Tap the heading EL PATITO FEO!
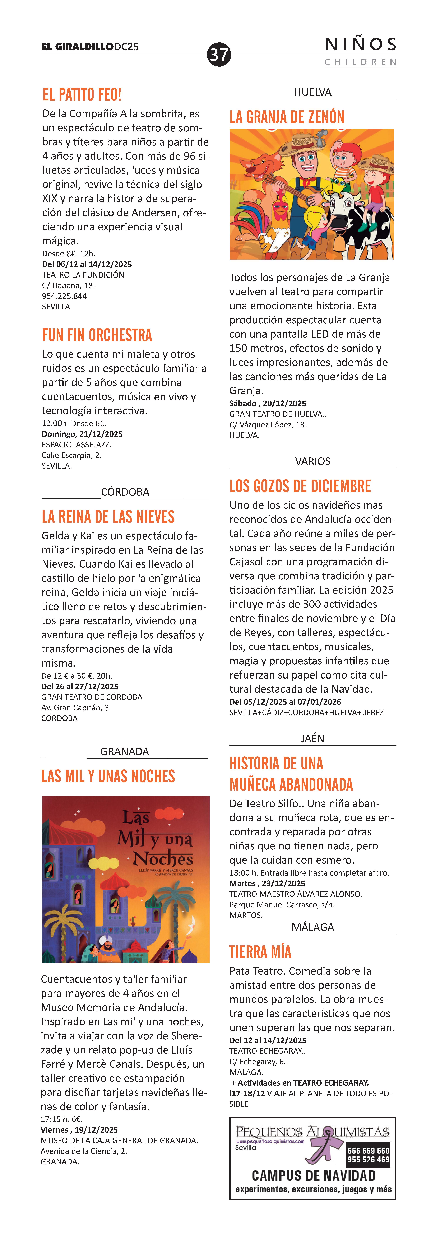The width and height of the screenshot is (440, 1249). coord(82,95)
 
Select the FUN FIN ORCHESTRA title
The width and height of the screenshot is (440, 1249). coord(97,335)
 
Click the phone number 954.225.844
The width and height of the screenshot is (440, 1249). coord(65,296)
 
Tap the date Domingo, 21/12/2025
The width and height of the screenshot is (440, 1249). coord(82,434)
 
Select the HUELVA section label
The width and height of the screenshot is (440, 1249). coord(312,92)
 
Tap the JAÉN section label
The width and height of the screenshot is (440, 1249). coord(312,738)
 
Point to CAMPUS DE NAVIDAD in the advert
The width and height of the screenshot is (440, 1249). coord(313,1176)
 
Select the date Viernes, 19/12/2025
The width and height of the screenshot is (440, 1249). coord(79,1130)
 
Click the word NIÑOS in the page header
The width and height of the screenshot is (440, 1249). coord(360,45)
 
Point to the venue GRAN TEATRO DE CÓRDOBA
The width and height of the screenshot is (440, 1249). coord(92,697)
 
